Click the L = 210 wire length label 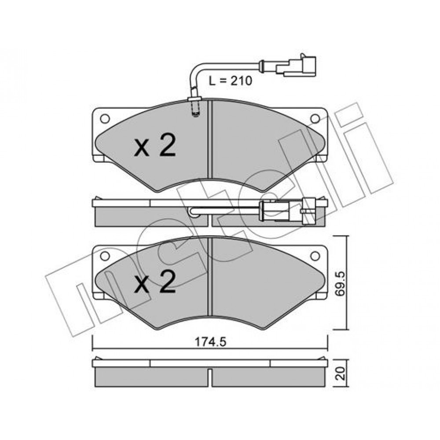[231, 81]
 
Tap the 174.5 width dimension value [210, 342]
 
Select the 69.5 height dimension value [341, 284]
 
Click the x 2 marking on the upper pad [155, 145]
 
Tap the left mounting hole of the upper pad [105, 118]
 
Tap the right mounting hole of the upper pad [315, 118]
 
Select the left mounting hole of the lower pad [105, 256]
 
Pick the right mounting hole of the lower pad [315, 256]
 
